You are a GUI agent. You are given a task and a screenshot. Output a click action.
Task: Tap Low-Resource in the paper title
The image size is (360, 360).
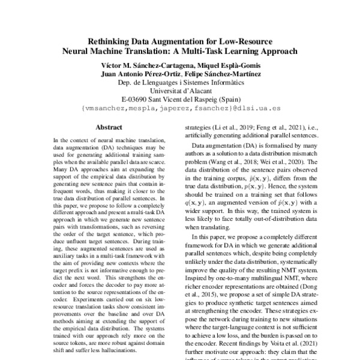(244, 43)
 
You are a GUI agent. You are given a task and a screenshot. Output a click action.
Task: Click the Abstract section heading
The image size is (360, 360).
(109, 127)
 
